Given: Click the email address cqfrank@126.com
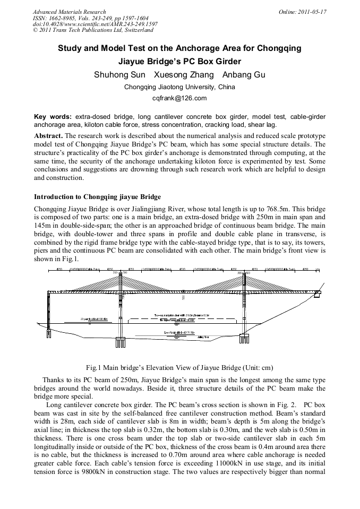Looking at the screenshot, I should click(179, 98).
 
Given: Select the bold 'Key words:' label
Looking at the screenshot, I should click(53, 116).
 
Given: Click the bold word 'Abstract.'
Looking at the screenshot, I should click(48, 136).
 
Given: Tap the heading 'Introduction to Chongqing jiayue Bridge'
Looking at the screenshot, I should click(97, 196).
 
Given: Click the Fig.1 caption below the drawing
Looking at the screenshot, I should click(179, 367).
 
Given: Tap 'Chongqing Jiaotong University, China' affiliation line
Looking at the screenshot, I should click(179, 87).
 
